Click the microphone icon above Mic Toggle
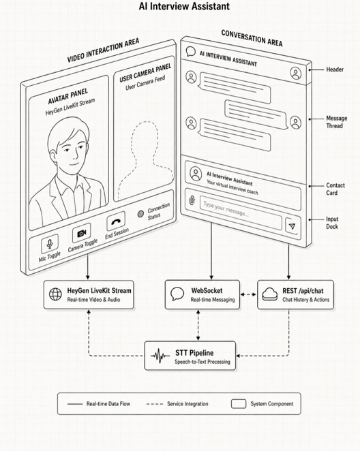click(50, 244)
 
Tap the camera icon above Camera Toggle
click(82, 233)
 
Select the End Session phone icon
click(116, 221)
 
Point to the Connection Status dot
click(140, 214)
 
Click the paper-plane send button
click(292, 226)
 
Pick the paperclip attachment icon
click(192, 200)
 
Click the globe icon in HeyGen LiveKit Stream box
click(55, 294)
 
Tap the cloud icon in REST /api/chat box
click(270, 294)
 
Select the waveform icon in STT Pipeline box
click(160, 356)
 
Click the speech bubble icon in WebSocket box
click(177, 294)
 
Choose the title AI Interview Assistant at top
click(184, 6)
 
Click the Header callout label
click(335, 69)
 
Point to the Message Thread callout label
click(336, 122)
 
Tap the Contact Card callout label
click(335, 189)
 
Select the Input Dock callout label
click(332, 223)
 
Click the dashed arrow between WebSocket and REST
click(248, 294)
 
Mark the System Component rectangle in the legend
click(239, 404)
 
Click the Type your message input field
click(241, 213)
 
